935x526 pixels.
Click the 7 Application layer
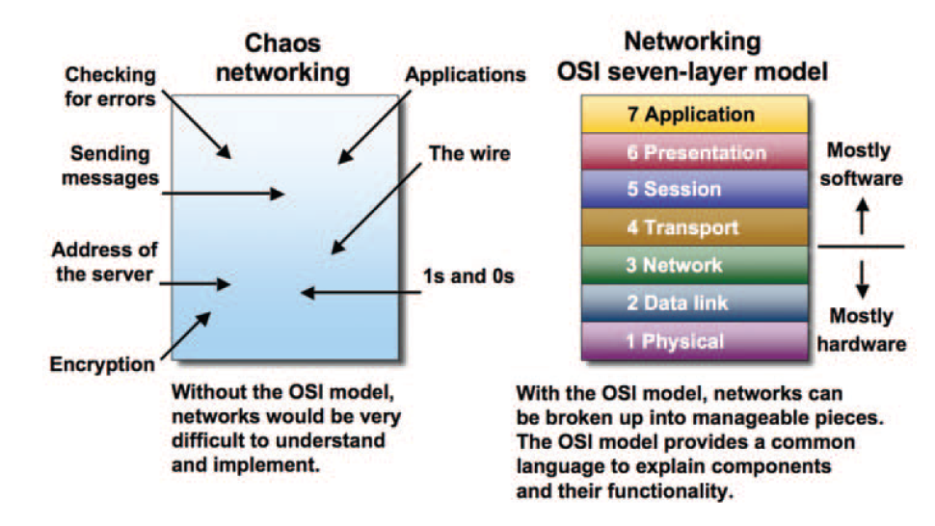(692, 116)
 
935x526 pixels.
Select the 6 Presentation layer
(692, 152)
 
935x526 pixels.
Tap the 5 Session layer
(692, 189)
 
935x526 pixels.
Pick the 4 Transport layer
(692, 227)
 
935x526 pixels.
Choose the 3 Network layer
(692, 265)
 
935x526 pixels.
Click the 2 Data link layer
(692, 302)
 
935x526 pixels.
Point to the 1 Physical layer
(692, 341)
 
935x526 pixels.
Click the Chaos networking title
(280, 59)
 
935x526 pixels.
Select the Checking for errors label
(110, 85)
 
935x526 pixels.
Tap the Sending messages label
(109, 166)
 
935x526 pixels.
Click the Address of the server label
(105, 260)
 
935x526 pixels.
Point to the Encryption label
(102, 364)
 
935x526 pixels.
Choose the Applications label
(466, 74)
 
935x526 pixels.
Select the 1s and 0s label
(467, 276)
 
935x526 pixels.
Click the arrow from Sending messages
(223, 193)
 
